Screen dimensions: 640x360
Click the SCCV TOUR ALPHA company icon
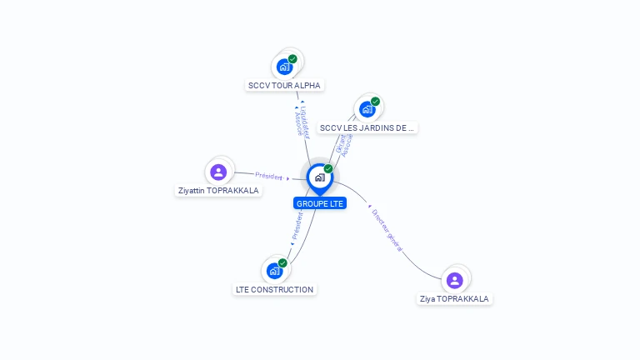285,67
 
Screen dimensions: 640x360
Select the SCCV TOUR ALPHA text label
284,85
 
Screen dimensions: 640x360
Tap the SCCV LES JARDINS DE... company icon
367,109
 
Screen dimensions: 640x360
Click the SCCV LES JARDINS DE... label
367,127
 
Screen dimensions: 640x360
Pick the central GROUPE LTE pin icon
319,177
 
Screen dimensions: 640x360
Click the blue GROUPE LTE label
319,203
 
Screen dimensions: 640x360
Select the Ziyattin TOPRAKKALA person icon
218,172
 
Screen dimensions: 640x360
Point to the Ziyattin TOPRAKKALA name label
218,191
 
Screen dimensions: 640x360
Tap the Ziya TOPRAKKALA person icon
454,280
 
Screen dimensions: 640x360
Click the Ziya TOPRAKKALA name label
454,298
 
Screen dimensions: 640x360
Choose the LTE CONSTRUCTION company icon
274,271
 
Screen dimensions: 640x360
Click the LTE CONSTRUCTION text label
274,290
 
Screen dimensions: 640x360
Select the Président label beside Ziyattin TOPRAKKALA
269,176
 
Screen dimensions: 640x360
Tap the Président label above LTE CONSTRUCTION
297,225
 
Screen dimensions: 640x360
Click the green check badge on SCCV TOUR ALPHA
292,59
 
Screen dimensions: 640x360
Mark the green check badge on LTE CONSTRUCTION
282,262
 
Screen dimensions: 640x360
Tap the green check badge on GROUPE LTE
328,169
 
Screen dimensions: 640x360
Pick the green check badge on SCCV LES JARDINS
375,102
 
